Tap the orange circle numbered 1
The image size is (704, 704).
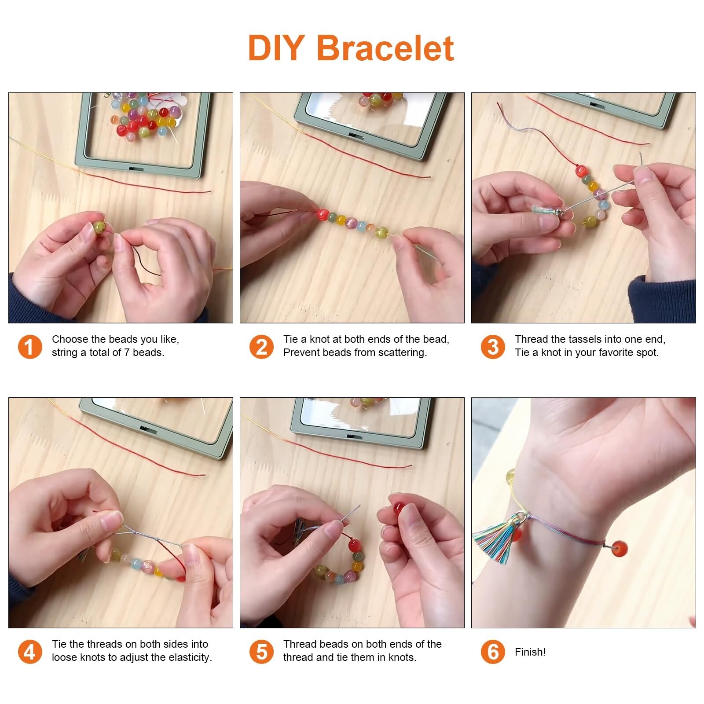[30, 346]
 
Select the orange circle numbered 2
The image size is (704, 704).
[261, 346]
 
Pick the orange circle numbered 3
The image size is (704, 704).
[493, 346]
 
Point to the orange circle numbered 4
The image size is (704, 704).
[30, 651]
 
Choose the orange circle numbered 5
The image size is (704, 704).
[261, 651]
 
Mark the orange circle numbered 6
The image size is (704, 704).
[493, 651]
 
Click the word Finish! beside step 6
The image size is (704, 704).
[530, 652]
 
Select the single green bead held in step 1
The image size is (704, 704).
[99, 227]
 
